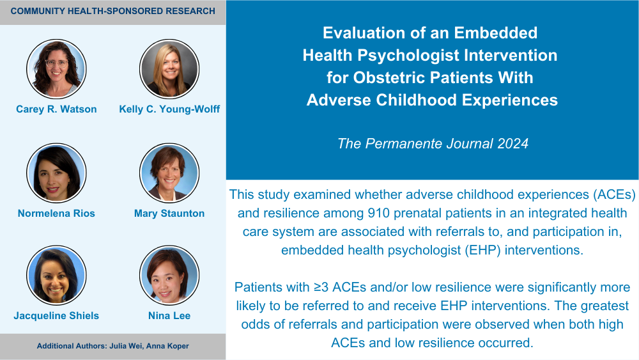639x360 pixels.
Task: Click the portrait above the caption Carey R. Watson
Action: (56, 69)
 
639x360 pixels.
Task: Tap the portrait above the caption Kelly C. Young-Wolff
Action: (169, 69)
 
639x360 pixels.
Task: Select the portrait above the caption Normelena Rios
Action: (56, 173)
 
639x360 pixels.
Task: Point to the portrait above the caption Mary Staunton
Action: (169, 173)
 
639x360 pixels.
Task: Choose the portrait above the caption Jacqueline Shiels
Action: (56, 275)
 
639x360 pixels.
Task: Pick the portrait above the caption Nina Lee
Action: (169, 275)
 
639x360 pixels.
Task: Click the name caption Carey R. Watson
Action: (56, 109)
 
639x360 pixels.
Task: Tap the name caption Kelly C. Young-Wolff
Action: (169, 109)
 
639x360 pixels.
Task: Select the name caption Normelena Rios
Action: (56, 213)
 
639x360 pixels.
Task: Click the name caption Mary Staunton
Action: (169, 213)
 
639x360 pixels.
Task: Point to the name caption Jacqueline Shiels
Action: (56, 316)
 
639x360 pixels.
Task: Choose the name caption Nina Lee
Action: (169, 316)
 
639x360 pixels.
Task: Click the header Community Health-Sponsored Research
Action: (113, 11)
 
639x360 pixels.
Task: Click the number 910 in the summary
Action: (378, 213)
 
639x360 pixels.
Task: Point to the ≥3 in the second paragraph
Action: (321, 287)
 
